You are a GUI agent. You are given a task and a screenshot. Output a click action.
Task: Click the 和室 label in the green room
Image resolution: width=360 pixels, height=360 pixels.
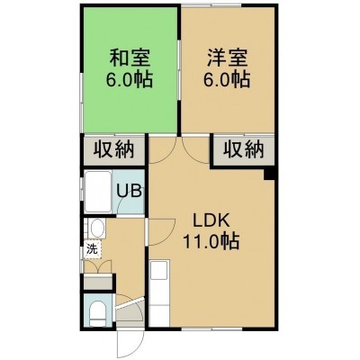coord(130,58)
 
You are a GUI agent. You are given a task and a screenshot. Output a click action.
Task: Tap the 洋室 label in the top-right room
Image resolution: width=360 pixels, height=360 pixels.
coord(227,58)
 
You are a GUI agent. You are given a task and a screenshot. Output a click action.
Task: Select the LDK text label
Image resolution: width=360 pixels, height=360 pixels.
coord(211,221)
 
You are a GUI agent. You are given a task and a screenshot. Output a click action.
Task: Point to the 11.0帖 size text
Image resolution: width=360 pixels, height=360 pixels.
coord(211,242)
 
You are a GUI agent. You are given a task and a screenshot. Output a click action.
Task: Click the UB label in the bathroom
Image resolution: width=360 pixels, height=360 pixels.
coord(129,191)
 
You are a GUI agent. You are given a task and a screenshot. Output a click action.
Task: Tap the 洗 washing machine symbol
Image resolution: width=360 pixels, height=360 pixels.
coord(93,248)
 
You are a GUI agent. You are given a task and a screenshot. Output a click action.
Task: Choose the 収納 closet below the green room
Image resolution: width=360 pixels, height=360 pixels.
coord(114,149)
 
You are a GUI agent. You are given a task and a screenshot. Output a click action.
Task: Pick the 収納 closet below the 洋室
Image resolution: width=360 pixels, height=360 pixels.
coord(243,149)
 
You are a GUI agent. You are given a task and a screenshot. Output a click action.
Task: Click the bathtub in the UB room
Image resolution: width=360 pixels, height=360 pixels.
coord(98,192)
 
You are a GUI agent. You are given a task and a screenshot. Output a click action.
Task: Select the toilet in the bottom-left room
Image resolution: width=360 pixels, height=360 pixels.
coord(98,312)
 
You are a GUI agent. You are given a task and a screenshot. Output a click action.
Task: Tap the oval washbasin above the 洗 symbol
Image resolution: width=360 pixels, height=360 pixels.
coord(97,229)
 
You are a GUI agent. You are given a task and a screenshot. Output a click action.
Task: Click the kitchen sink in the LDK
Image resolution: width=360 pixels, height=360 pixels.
coord(159,269)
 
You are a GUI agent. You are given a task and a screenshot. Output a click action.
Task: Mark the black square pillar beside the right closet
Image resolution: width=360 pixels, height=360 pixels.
coord(269,175)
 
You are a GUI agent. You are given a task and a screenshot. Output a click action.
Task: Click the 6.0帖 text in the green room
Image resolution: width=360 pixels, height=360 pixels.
coord(130,79)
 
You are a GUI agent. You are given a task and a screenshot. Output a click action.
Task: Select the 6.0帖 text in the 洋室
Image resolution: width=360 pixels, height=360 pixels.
coord(227,79)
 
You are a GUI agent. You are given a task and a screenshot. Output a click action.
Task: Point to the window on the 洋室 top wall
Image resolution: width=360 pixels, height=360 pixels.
coord(211,5)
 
